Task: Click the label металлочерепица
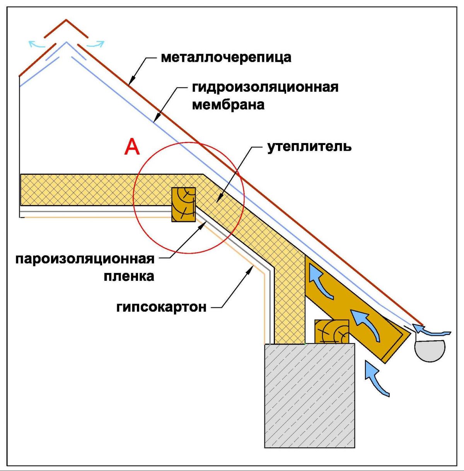click(x=226, y=58)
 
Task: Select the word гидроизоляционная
click(x=265, y=87)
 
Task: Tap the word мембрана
click(x=228, y=104)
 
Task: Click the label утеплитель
click(x=309, y=147)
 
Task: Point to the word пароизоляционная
click(x=85, y=259)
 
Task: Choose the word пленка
click(x=129, y=276)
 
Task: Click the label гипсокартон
click(x=161, y=307)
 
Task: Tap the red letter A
click(x=131, y=147)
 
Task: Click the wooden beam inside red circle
click(x=183, y=204)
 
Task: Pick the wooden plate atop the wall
click(x=331, y=331)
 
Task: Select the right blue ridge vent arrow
click(x=96, y=44)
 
